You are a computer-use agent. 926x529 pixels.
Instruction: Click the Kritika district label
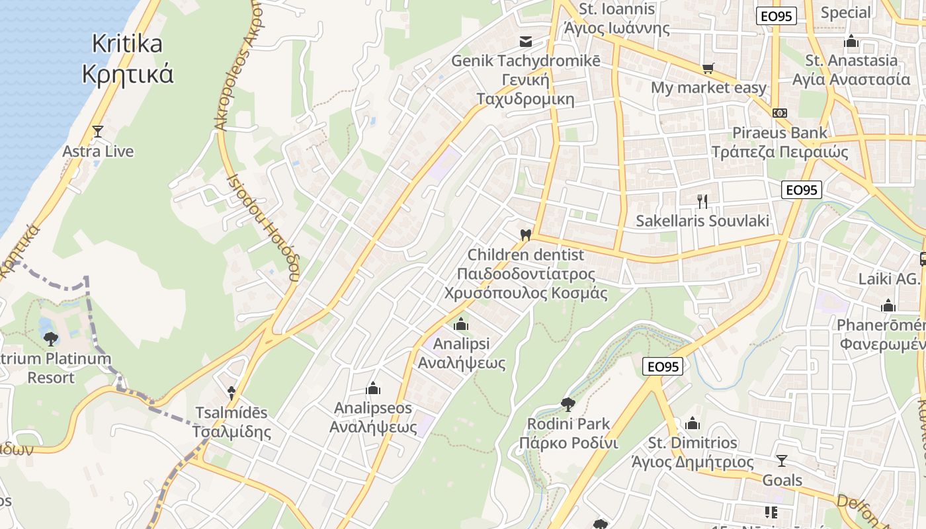coord(127,58)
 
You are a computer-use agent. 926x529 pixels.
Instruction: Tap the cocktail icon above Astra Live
coord(98,132)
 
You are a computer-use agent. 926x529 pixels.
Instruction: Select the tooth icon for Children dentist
coord(526,234)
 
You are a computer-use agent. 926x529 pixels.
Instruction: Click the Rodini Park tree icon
coord(568,404)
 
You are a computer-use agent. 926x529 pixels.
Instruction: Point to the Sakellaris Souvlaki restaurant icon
coord(702,201)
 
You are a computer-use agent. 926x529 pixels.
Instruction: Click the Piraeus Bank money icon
coord(780,112)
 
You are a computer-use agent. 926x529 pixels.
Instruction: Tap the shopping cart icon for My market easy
coord(708,68)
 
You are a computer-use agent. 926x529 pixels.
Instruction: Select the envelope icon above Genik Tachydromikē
coord(526,42)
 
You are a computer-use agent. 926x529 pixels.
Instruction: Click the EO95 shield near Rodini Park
coord(663,366)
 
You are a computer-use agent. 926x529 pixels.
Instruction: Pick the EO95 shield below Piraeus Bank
coord(801,190)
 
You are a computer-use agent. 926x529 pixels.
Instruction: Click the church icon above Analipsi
coord(461,324)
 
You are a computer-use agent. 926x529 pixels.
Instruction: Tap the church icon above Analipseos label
coord(373,387)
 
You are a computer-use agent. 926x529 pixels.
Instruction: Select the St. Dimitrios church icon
coord(693,423)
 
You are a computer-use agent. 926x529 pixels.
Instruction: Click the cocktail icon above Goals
coord(782,460)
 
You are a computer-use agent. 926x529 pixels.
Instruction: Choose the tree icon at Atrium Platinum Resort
coord(50,339)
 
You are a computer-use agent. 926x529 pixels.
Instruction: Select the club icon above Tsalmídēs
coord(231,393)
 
